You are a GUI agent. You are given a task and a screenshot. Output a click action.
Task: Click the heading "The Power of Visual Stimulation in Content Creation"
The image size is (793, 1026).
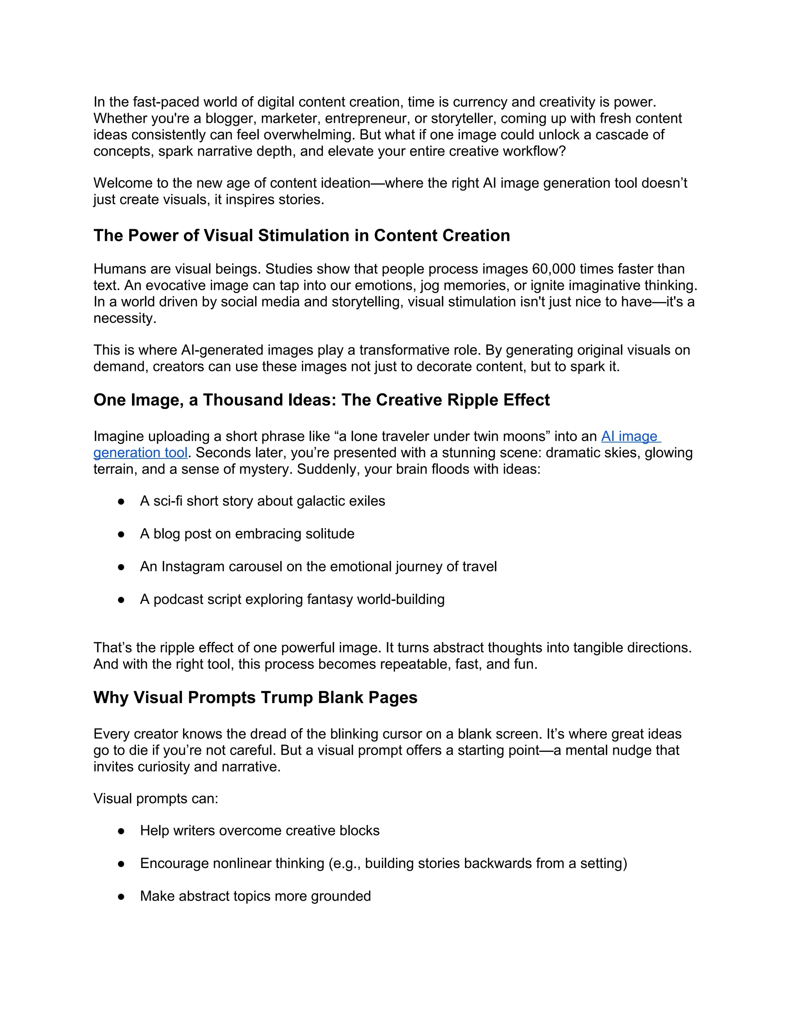tap(302, 235)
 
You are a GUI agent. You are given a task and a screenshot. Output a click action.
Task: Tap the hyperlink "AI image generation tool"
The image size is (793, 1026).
tap(630, 436)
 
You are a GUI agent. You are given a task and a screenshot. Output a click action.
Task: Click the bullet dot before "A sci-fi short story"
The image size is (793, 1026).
tap(121, 501)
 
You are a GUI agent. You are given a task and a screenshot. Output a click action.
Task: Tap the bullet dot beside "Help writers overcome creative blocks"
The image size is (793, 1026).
tap(121, 830)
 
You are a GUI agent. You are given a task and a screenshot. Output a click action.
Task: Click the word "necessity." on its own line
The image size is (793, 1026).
tap(125, 319)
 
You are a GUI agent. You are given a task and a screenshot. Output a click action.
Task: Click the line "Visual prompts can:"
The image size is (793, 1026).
tap(156, 799)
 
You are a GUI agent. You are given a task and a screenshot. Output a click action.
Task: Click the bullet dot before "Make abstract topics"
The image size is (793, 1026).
tap(121, 896)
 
